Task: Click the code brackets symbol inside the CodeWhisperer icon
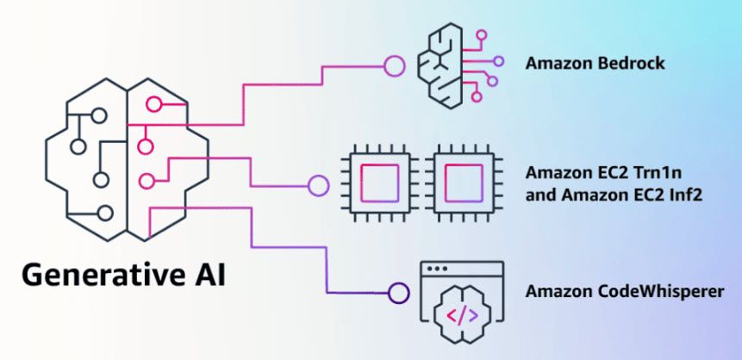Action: click(464, 314)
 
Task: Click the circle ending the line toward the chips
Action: click(318, 183)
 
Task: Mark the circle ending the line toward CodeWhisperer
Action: click(397, 292)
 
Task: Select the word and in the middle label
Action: click(539, 196)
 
